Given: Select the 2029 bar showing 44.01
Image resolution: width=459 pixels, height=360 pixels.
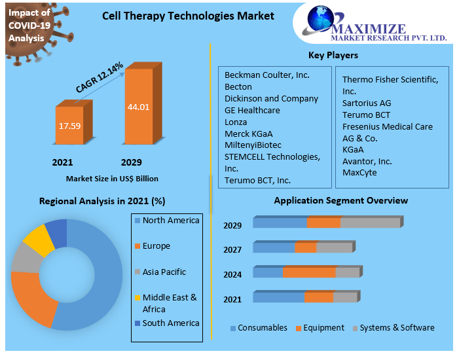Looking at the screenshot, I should point(138,107).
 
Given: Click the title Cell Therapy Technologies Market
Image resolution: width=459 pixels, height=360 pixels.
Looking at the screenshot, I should point(188,16).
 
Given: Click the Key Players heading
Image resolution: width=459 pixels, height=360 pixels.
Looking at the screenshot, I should point(333,55).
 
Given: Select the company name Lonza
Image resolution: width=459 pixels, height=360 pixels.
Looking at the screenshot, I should point(236,122).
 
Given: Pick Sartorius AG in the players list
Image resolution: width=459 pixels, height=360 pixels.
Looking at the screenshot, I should point(366,103).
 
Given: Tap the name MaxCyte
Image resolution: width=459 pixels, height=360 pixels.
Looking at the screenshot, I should point(359,172).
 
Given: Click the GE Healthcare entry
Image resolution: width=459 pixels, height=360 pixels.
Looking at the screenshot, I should point(252,110).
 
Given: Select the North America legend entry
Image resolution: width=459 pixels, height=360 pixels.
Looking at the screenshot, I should point(170,221).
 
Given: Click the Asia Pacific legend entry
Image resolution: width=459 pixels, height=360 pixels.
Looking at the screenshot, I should point(164,272).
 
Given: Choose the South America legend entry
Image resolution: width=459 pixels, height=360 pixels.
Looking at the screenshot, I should point(170,323).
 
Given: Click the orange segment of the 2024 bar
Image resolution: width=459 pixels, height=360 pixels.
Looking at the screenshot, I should point(308,272).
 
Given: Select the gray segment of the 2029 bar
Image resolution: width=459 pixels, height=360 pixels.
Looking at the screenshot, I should point(370,223).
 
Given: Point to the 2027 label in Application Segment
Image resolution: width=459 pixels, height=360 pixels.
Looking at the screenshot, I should point(232,250).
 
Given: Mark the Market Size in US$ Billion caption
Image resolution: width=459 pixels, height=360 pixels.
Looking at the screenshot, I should point(112,178).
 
